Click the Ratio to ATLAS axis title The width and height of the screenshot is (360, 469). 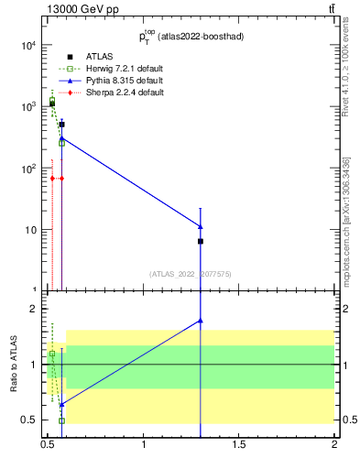click(14, 365)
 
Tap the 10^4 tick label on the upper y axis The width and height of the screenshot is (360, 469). click(27, 46)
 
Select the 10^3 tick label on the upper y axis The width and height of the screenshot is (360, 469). click(27, 107)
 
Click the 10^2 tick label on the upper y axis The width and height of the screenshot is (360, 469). click(27, 169)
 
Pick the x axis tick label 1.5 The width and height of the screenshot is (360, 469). click(239, 445)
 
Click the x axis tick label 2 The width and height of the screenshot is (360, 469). click(334, 445)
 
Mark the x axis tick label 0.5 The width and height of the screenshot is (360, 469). click(49, 445)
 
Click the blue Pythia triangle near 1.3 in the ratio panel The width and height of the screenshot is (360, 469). click(201, 321)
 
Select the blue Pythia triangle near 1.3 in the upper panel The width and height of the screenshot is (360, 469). click(201, 225)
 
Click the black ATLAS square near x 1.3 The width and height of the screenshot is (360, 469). click(201, 241)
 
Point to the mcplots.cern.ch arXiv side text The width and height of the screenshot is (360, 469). click(346, 222)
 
